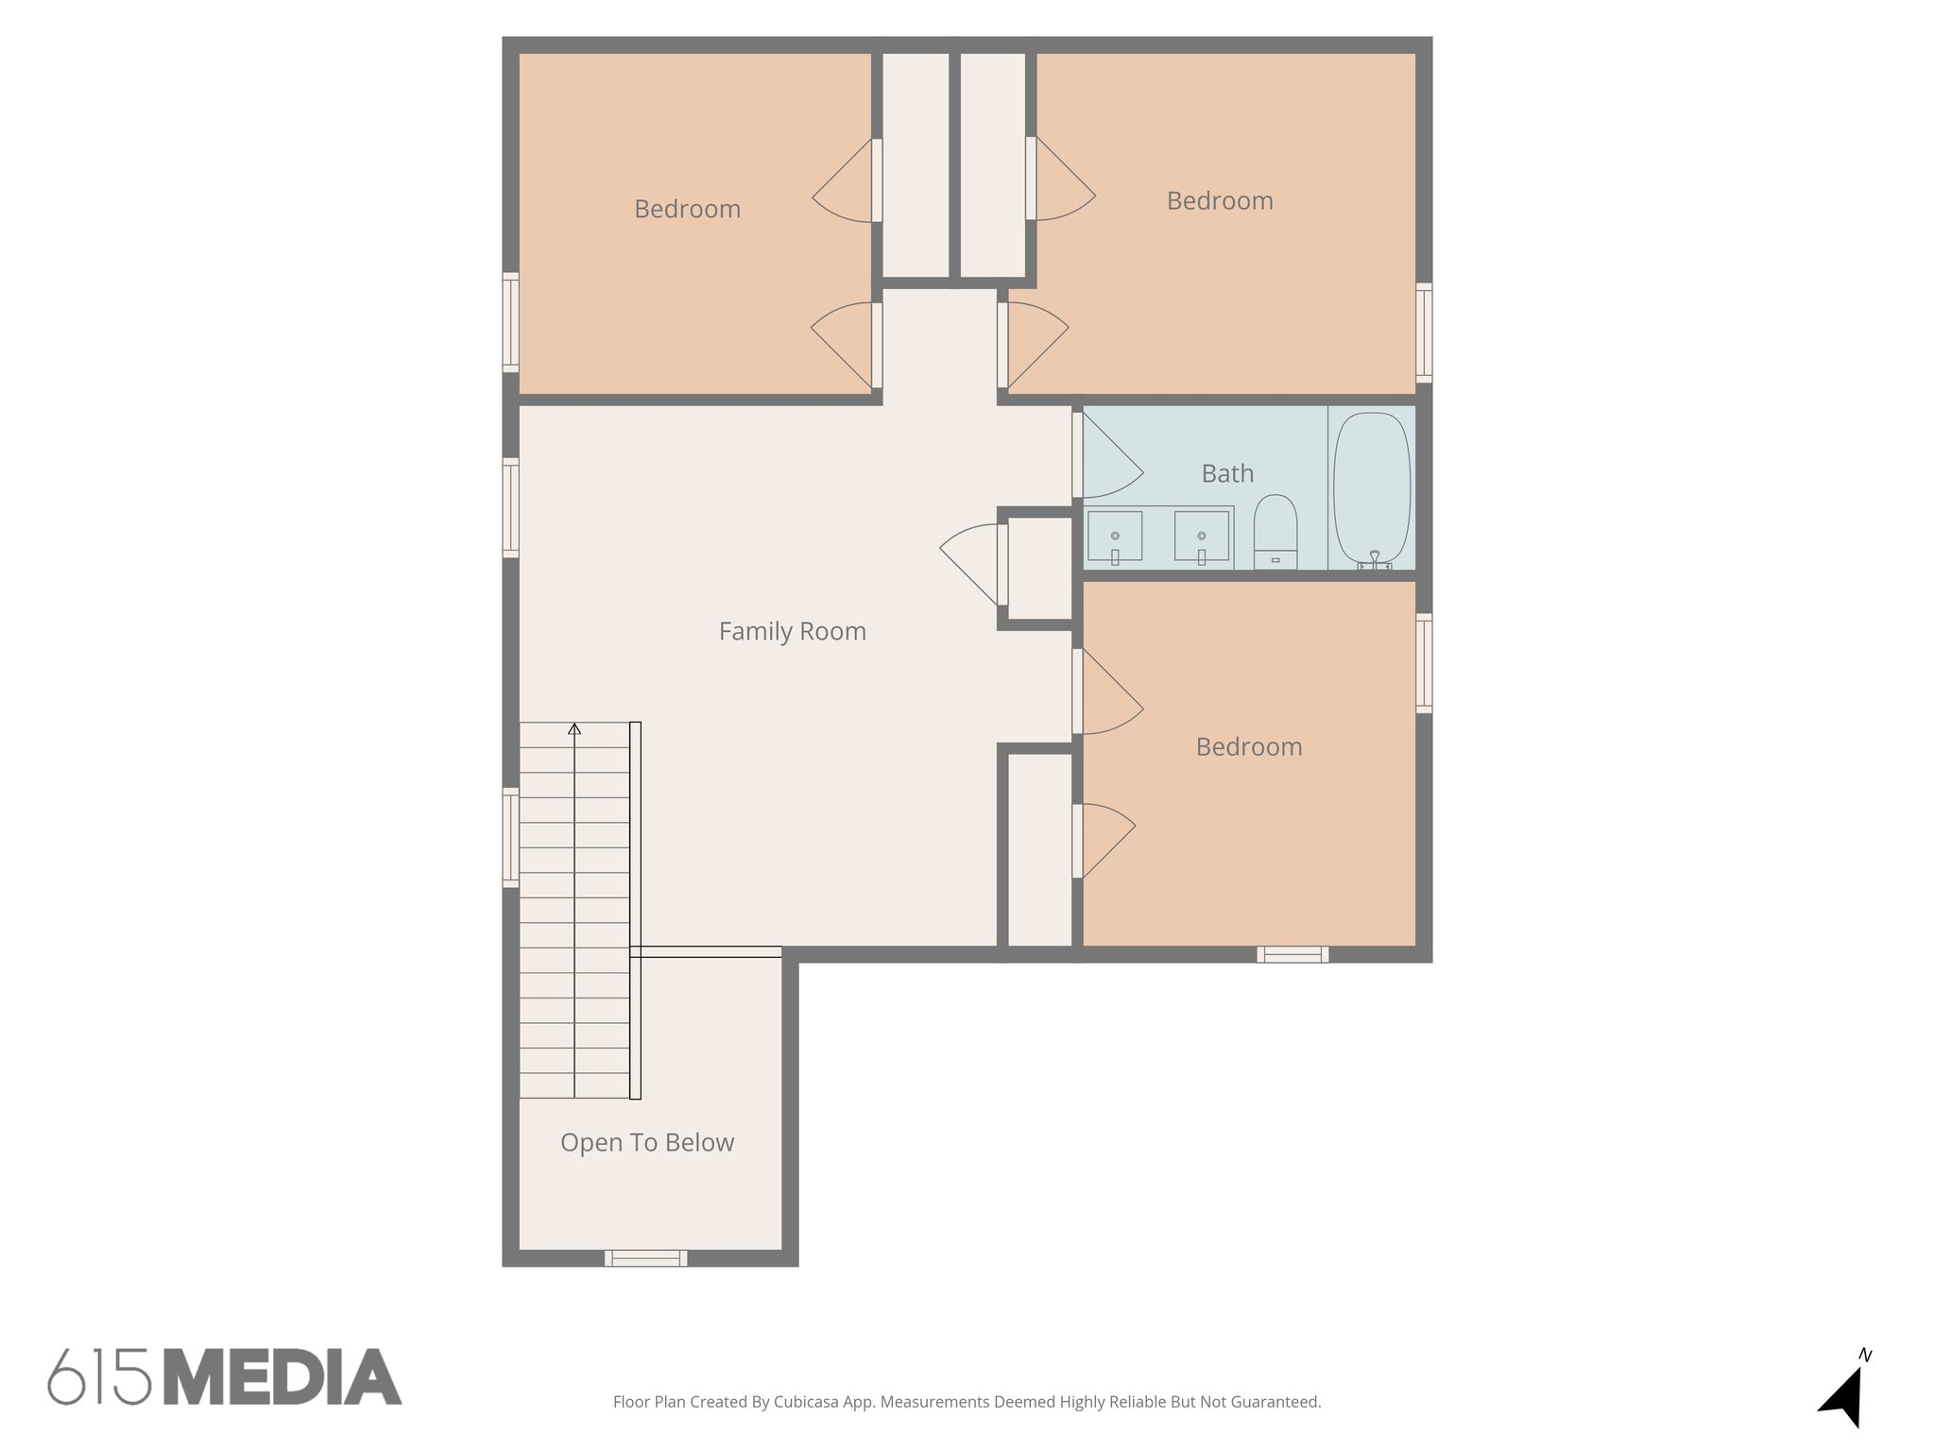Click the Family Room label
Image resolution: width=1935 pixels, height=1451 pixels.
point(792,631)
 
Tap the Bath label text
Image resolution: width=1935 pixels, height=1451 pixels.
point(1227,473)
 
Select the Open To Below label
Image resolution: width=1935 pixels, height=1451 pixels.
point(647,1143)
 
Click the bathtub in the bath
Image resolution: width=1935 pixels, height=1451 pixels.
point(1372,489)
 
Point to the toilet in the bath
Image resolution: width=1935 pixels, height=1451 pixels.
point(1276,531)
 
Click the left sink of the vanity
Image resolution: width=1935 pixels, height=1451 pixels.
point(1115,537)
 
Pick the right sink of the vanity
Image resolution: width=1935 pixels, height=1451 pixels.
point(1202,537)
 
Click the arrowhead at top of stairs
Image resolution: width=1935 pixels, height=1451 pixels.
point(574,728)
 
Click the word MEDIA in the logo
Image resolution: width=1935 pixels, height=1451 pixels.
point(283,1378)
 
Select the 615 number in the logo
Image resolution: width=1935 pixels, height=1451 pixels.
point(99,1378)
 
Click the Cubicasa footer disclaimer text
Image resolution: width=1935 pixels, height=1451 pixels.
point(967,1402)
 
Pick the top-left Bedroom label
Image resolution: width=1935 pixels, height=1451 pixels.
point(687,209)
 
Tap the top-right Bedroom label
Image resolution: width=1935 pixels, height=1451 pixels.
point(1220,201)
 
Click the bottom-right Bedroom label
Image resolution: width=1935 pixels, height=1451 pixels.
point(1249,747)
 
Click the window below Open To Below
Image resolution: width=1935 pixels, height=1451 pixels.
point(646,1257)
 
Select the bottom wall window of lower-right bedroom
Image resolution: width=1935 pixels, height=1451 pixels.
point(1293,954)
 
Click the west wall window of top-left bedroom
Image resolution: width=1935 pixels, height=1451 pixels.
point(510,321)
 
